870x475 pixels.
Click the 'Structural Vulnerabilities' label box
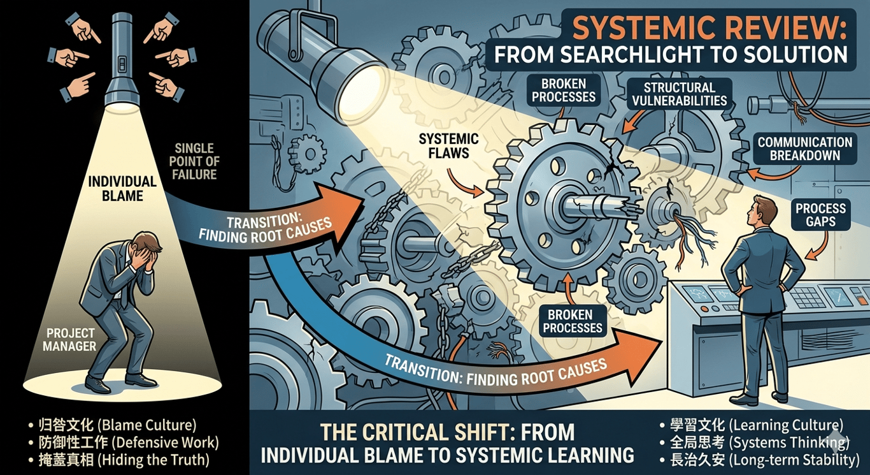tap(680, 94)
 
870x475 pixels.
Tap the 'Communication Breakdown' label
tap(805, 149)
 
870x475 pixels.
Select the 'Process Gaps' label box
tap(820, 215)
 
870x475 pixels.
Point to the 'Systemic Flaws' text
tap(448, 146)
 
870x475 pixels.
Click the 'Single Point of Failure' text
tap(194, 161)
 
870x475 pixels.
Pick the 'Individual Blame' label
tap(122, 189)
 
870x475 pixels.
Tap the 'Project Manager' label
tap(69, 339)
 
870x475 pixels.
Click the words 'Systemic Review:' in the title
tap(709, 29)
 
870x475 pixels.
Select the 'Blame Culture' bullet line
tap(113, 425)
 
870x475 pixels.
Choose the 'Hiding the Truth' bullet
tap(119, 460)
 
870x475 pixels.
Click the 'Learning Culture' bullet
tap(752, 425)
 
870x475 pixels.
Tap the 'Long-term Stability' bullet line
tap(760, 460)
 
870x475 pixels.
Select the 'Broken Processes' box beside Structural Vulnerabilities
tap(564, 90)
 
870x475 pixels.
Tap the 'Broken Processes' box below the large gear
tap(573, 321)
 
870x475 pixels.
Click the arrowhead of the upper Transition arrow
tap(342, 206)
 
